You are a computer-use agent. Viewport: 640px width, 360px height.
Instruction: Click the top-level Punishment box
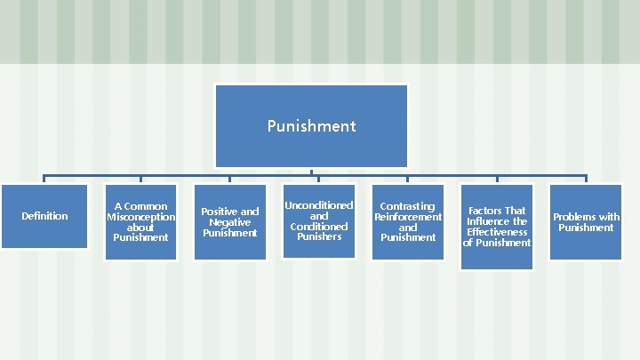tap(311, 125)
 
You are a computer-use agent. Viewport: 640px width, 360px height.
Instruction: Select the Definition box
tap(44, 216)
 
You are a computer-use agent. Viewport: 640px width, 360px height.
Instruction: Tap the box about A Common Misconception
tap(140, 222)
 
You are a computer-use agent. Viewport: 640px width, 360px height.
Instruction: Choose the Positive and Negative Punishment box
tap(229, 222)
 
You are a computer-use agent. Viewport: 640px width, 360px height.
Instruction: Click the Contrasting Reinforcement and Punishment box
tap(407, 222)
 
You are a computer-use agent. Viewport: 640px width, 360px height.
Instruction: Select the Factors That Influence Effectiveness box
tap(496, 227)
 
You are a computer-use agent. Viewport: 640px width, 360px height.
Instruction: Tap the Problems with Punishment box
tap(586, 222)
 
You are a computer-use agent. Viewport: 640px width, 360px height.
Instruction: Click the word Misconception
tap(140, 217)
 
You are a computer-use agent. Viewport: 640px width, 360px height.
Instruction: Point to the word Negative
tap(229, 222)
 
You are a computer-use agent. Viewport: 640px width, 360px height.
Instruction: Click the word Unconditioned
tap(318, 205)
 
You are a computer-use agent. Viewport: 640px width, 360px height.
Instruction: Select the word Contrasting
tap(407, 206)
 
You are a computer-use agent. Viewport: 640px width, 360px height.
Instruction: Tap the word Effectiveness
tap(496, 232)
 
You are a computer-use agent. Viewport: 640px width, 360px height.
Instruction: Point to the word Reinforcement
tap(407, 217)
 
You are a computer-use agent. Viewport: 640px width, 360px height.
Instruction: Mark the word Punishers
tap(318, 236)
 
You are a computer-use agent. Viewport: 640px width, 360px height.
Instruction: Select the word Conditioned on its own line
tap(318, 226)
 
